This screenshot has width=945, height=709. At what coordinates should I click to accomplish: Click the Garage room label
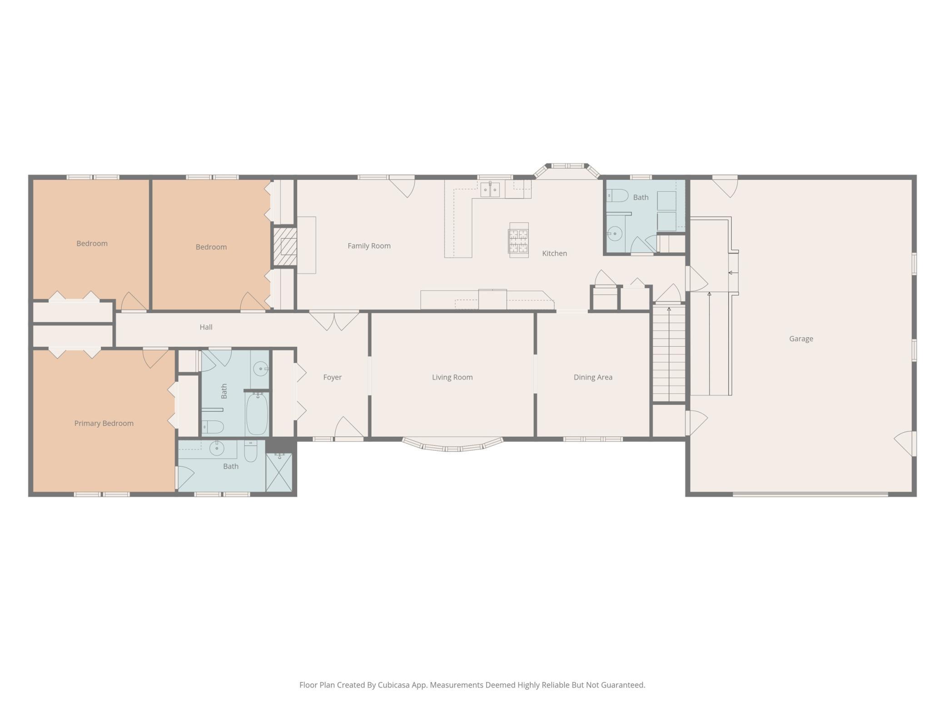(x=801, y=339)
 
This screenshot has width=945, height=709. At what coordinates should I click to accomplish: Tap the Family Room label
(x=369, y=246)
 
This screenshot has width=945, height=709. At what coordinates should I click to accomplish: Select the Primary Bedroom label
(x=104, y=424)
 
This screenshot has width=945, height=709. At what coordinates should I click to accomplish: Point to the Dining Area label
(x=593, y=377)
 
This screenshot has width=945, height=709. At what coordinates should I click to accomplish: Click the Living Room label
(x=452, y=377)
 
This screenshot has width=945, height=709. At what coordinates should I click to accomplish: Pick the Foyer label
(x=332, y=377)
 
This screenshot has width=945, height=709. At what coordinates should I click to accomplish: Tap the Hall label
(x=206, y=327)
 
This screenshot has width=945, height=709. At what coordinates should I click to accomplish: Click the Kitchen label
(x=554, y=253)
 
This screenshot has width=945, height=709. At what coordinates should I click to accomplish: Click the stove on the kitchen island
(x=518, y=240)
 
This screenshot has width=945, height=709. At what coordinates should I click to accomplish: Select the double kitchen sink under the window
(x=490, y=190)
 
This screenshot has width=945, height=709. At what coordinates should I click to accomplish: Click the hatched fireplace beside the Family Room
(x=285, y=247)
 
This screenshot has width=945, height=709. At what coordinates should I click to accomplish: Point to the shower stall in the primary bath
(x=279, y=472)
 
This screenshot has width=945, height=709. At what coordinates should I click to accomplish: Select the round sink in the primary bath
(x=217, y=448)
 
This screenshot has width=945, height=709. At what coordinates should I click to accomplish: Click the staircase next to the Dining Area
(x=669, y=353)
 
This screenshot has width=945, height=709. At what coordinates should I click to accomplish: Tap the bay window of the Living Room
(x=453, y=445)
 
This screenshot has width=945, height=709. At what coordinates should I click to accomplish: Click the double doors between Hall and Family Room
(x=334, y=320)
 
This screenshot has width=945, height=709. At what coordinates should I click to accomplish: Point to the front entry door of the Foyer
(x=349, y=428)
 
